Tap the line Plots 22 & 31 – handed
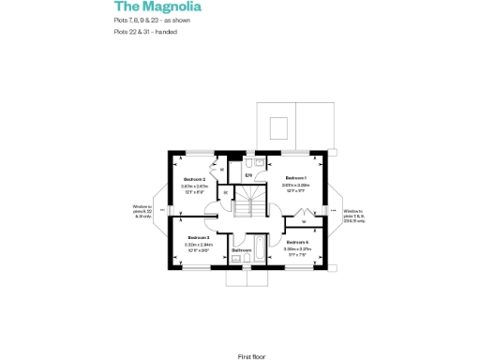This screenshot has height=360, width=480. tap(146, 33)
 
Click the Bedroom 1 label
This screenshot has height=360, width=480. tap(296, 178)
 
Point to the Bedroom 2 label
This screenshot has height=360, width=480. tap(194, 179)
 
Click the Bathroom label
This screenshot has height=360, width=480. tap(242, 250)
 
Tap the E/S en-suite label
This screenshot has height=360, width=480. tap(248, 175)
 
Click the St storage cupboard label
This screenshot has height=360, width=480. tap(224, 192)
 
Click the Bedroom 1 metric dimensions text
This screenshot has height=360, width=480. tap(296, 186)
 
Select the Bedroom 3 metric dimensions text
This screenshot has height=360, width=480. tap(200, 245)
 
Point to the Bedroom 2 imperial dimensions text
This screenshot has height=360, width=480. tap(194, 192)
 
